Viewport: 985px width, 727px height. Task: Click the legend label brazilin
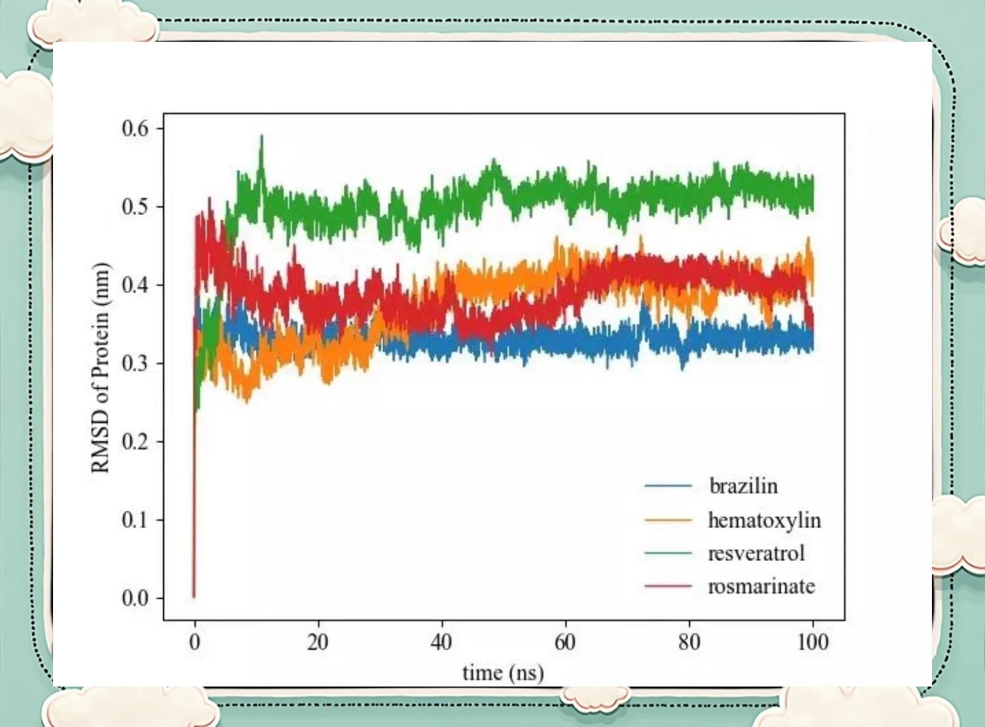[x=743, y=486]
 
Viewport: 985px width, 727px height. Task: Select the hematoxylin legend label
[x=764, y=520]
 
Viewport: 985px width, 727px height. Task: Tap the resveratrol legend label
[x=756, y=553]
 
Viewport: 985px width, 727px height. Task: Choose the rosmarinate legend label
[x=761, y=586]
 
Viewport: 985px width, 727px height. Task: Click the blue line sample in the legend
[x=668, y=486]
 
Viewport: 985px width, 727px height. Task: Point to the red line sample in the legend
[x=668, y=586]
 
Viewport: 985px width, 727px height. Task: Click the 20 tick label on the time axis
[x=318, y=642]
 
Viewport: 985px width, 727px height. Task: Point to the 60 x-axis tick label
[x=565, y=642]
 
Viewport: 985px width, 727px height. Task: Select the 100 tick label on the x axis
[x=813, y=642]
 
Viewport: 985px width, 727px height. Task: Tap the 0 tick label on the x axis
[x=195, y=642]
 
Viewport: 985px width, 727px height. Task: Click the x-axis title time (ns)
[x=503, y=673]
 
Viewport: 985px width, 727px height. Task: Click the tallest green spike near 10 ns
[x=262, y=137]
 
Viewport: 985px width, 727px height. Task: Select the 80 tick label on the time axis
[x=689, y=642]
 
